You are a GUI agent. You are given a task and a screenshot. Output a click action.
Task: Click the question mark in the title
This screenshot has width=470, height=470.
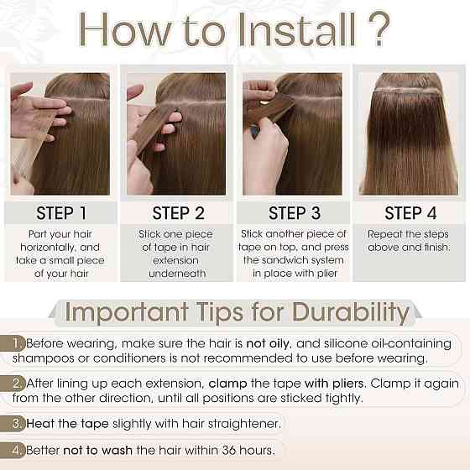379,29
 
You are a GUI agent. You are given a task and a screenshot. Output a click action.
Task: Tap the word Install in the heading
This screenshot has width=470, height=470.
297,30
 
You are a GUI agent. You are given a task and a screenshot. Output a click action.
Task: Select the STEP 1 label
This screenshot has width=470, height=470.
61,213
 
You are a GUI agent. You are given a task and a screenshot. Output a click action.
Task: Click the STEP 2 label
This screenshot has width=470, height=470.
178,213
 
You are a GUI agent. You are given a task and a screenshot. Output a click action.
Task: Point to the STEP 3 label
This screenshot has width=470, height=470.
295,213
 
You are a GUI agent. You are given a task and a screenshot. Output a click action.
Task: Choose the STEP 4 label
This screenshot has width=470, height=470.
410,213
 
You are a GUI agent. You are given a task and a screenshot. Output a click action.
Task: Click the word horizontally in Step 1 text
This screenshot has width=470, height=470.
48,248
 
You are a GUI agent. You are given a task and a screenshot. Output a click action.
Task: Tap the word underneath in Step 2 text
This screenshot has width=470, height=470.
177,274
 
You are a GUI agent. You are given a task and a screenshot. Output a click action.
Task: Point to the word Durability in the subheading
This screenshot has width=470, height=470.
351,312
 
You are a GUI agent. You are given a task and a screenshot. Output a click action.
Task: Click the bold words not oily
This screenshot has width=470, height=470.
269,344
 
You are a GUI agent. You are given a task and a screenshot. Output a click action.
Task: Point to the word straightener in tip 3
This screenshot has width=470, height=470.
244,424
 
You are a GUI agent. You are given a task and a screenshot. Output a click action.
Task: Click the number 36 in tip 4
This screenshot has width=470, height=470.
228,450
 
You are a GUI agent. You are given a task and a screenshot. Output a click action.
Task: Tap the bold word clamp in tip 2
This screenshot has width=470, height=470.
227,384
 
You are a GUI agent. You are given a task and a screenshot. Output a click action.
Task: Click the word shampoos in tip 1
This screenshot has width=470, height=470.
44,359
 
